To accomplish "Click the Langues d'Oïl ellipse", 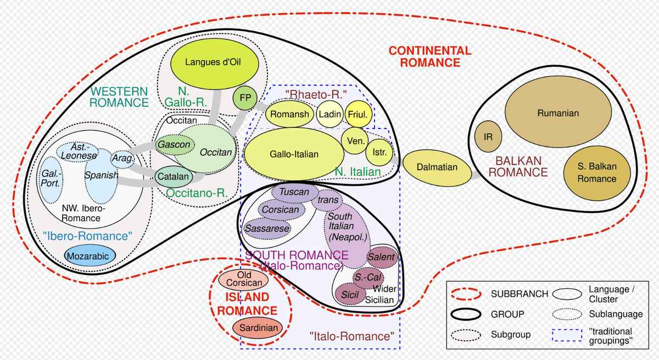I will click(215, 62).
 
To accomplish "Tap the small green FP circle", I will click(245, 98).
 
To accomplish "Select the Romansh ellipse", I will click(290, 115).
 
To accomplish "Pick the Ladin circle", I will click(330, 115).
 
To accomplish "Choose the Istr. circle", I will click(378, 151).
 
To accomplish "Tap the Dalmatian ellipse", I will click(437, 167).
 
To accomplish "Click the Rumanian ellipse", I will click(558, 113).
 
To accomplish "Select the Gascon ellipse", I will click(175, 145).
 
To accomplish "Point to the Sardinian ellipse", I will click(256, 328).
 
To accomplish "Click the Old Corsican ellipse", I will click(244, 279).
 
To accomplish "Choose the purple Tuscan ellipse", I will click(295, 193).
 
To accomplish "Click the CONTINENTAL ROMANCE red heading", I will click(430, 57).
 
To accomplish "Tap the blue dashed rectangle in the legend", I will click(566, 334).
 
